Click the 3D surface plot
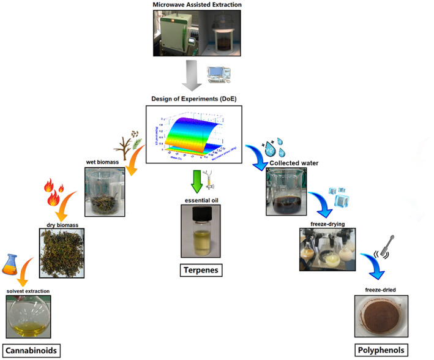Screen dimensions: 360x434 tap(193, 135)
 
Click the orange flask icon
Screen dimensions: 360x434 tap(10, 263)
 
